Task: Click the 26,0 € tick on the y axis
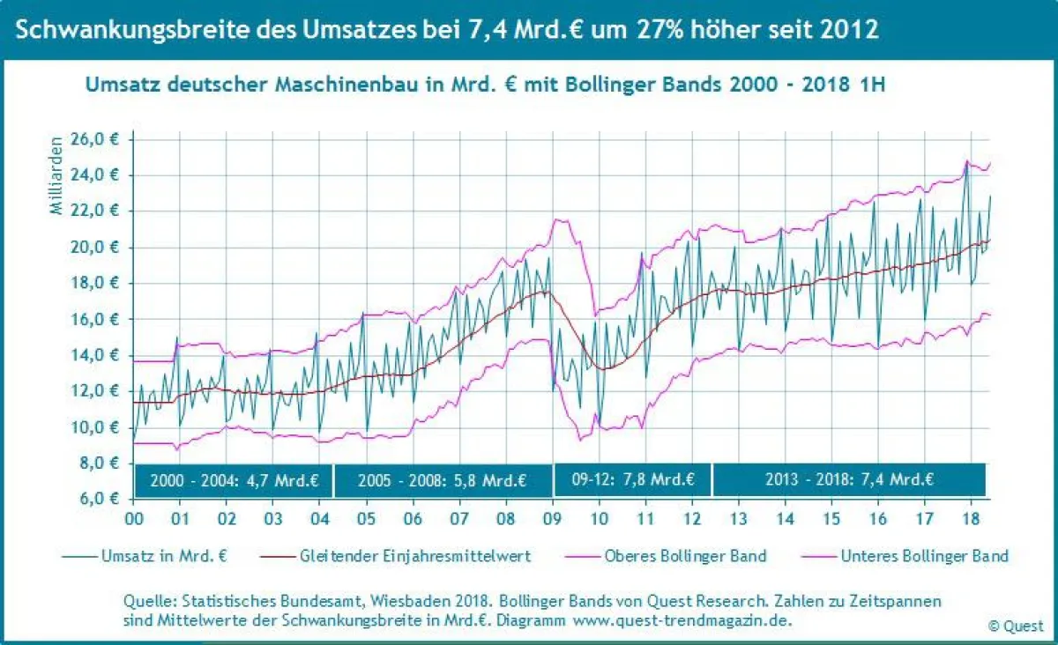[100, 139]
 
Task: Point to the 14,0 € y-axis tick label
[100, 355]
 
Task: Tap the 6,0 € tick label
[103, 499]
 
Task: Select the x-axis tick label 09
[552, 518]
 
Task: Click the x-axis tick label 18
[971, 518]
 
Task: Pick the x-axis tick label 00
[134, 518]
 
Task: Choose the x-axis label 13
[738, 518]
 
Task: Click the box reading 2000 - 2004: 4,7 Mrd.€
[233, 481]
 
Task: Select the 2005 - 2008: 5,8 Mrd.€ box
[443, 481]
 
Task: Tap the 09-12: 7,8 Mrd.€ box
[631, 481]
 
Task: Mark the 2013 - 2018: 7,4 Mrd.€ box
[848, 481]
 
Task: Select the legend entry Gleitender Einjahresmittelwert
[409, 556]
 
